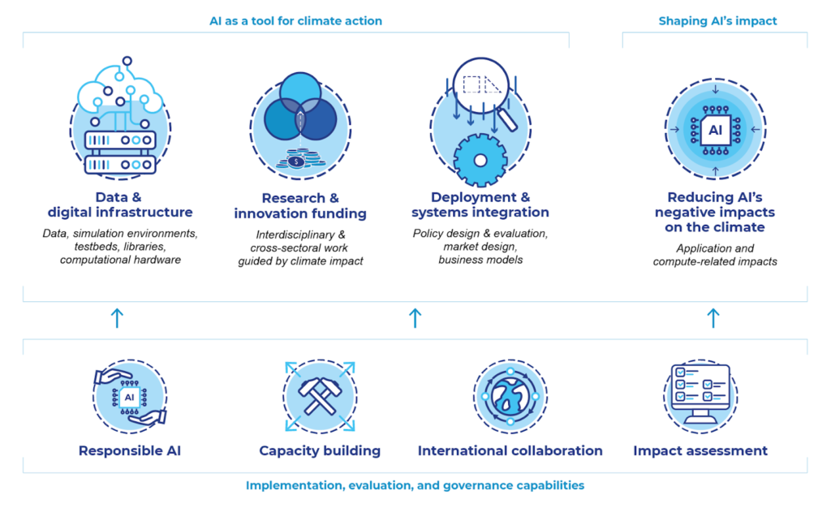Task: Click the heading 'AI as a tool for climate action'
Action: pyautogui.click(x=295, y=21)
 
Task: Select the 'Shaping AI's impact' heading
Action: pyautogui.click(x=717, y=21)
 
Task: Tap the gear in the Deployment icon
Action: pyautogui.click(x=480, y=160)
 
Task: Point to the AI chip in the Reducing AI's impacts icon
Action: pyautogui.click(x=716, y=130)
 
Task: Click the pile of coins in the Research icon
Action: pyautogui.click(x=300, y=159)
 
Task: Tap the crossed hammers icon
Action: pyautogui.click(x=320, y=395)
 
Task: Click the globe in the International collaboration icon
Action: pyautogui.click(x=510, y=396)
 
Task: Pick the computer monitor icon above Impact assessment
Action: pyautogui.click(x=700, y=393)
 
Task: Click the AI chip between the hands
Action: pyautogui.click(x=129, y=397)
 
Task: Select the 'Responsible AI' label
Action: pyautogui.click(x=130, y=451)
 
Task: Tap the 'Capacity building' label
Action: pyautogui.click(x=320, y=451)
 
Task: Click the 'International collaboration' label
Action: pyautogui.click(x=510, y=451)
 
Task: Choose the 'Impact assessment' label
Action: pyautogui.click(x=700, y=451)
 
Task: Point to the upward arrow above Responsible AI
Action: pyautogui.click(x=117, y=318)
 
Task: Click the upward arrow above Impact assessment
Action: pyautogui.click(x=713, y=318)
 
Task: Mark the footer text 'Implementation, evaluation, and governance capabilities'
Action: pyautogui.click(x=415, y=485)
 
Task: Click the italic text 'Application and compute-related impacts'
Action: pyautogui.click(x=715, y=255)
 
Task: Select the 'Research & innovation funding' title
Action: pyautogui.click(x=300, y=205)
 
